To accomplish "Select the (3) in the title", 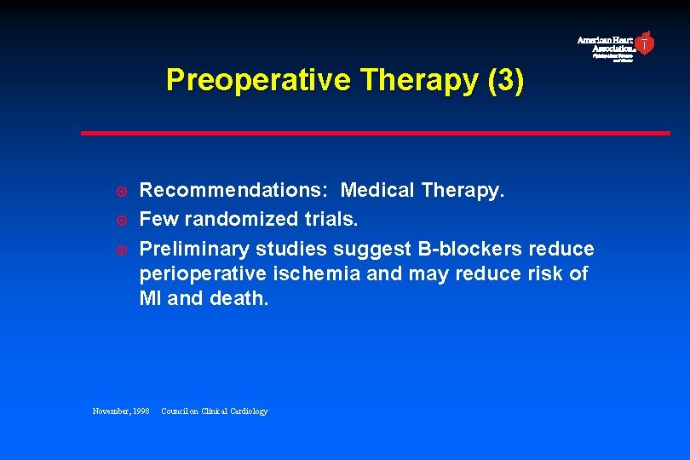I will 504,80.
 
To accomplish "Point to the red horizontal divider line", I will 375,133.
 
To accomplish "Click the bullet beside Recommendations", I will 121,190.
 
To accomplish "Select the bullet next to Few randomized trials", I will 121,220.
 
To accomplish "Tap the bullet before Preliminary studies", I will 121,250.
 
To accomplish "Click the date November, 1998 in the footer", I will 121,411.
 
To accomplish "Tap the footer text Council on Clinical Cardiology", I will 215,411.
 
